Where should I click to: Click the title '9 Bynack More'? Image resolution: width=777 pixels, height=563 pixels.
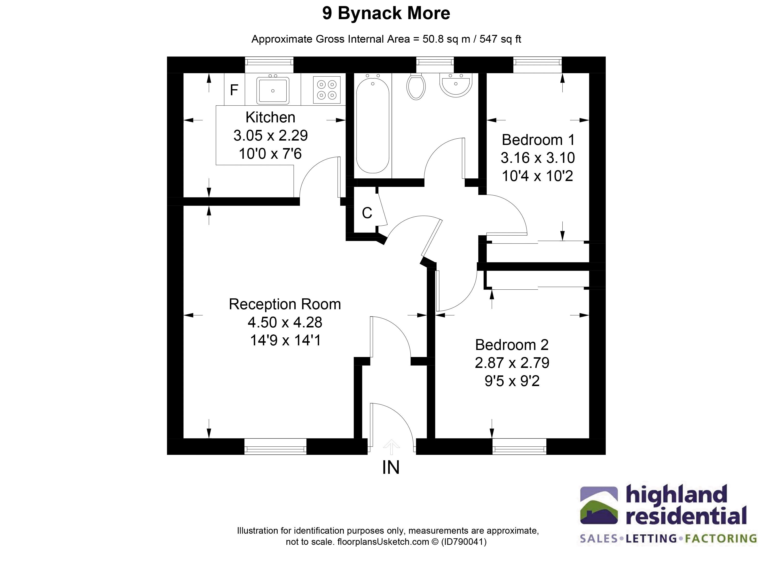(386, 14)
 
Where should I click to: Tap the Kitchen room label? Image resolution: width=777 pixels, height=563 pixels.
(270, 118)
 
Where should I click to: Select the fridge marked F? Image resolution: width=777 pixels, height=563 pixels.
(234, 90)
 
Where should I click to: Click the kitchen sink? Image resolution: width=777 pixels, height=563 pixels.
(273, 90)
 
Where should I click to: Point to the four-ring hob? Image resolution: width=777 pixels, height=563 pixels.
(327, 90)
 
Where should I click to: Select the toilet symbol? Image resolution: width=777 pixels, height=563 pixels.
(416, 87)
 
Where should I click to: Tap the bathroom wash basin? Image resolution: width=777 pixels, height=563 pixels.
(456, 85)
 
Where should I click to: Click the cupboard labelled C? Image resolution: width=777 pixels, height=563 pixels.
(367, 213)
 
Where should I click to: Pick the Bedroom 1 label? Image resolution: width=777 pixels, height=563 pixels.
(538, 140)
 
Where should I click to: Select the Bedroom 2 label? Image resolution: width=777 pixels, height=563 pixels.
(512, 345)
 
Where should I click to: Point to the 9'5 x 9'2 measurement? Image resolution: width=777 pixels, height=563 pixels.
(512, 381)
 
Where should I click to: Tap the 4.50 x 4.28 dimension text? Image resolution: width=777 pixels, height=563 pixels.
(285, 322)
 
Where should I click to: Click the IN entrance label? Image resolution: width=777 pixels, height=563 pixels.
(391, 468)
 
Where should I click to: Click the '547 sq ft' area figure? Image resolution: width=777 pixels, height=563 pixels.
(500, 39)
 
